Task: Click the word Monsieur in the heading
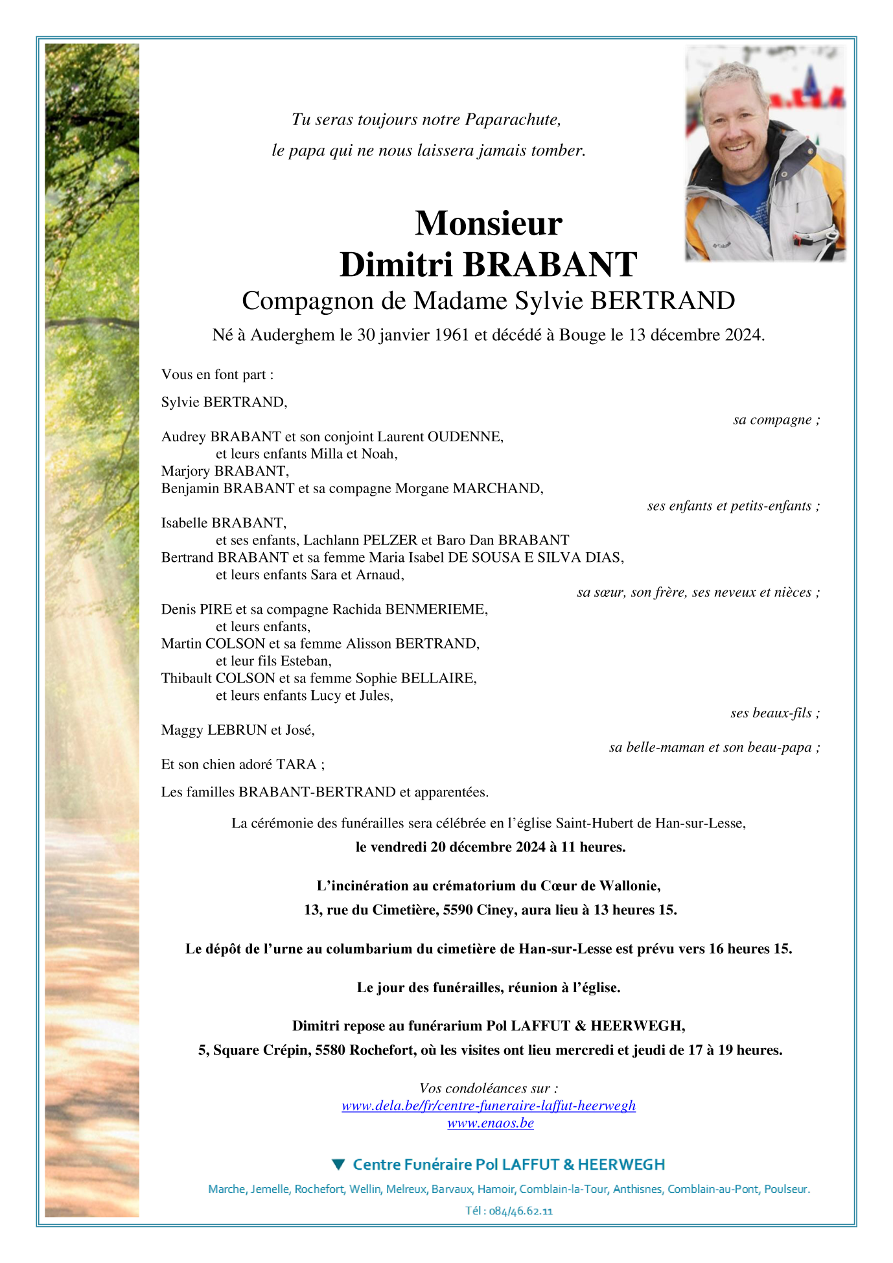pyautogui.click(x=489, y=224)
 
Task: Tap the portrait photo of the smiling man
pyautogui.click(x=765, y=154)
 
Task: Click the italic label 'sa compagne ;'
pyautogui.click(x=776, y=420)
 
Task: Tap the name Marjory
pyautogui.click(x=185, y=471)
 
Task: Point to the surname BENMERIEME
pyautogui.click(x=436, y=609)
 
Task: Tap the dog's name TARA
pyautogui.click(x=296, y=765)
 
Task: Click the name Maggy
pyautogui.click(x=182, y=730)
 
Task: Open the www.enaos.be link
pyautogui.click(x=491, y=1123)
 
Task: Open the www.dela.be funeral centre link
pyautogui.click(x=489, y=1106)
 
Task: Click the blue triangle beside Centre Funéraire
pyautogui.click(x=338, y=1165)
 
